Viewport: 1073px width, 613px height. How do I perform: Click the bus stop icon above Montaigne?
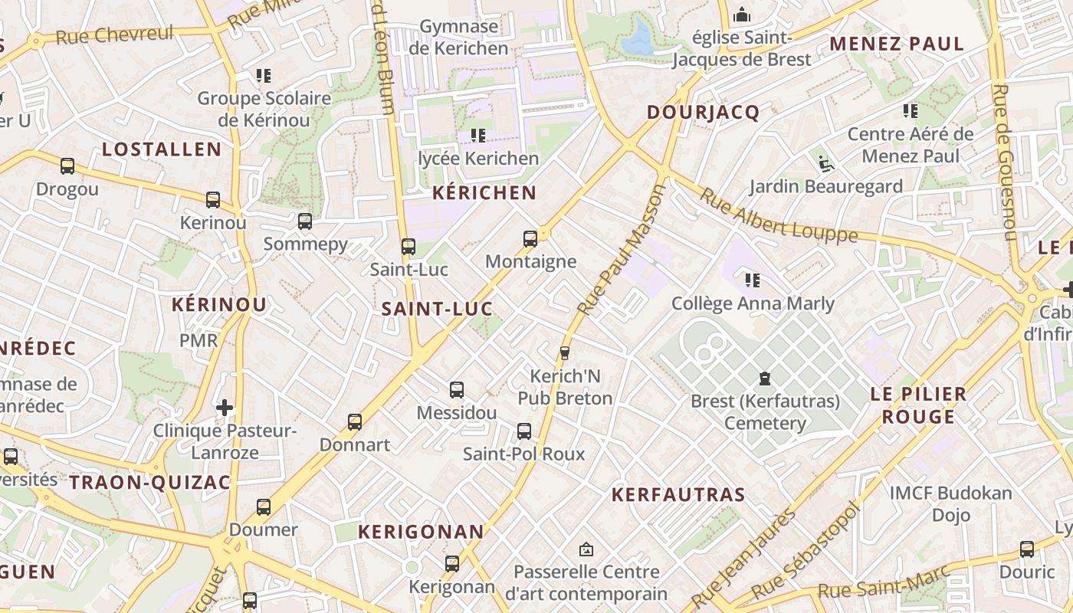pos(530,238)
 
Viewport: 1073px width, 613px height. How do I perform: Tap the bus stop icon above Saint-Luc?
pos(409,247)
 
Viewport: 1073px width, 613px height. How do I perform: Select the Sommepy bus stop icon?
pos(305,221)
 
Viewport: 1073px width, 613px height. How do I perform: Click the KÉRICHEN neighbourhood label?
pos(484,192)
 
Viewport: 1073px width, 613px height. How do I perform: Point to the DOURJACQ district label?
pos(703,113)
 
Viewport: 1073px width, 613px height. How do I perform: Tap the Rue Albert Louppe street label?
pos(778,216)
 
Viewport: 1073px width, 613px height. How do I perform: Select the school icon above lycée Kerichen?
pos(478,136)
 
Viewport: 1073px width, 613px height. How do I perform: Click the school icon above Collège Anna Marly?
pos(753,280)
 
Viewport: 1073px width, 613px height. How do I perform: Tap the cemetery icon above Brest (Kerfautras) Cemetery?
pos(765,378)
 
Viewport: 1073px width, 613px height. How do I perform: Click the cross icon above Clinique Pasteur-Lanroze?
pos(225,407)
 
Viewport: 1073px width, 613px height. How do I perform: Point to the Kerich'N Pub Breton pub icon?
pos(565,352)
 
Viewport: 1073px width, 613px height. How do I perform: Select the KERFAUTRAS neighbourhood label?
pos(678,495)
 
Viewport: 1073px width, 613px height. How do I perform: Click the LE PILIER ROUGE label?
pos(918,405)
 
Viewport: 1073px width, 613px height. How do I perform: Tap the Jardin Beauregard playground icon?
pos(825,162)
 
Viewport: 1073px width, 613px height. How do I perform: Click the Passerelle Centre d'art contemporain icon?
pos(586,549)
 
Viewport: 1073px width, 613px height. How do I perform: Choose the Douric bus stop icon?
pos(1027,549)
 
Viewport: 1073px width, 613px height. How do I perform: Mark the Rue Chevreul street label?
pos(115,34)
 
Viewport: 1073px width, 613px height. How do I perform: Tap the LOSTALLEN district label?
pos(162,149)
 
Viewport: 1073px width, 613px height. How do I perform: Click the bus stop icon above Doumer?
pos(264,506)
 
